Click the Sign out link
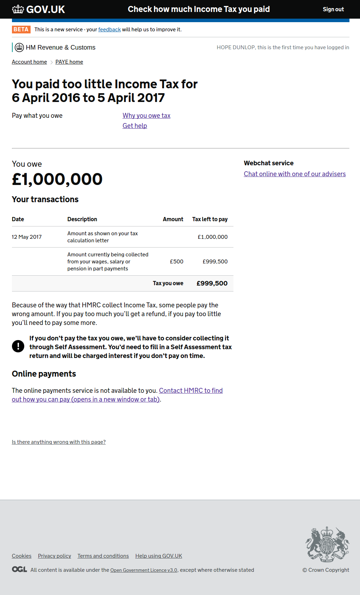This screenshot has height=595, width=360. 333,9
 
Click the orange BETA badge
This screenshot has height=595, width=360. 21,30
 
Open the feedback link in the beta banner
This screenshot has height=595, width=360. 109,30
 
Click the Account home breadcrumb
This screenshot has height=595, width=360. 29,62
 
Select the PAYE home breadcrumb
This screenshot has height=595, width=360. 69,62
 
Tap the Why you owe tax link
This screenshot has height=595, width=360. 146,116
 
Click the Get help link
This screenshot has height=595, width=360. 135,126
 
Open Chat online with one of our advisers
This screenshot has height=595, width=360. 295,174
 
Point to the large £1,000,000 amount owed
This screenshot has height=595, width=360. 57,179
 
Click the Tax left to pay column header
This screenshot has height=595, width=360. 210,219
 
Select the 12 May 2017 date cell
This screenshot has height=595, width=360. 27,237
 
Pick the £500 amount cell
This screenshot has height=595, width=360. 176,262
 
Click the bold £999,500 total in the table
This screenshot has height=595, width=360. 212,283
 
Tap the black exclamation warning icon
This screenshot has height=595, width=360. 18,346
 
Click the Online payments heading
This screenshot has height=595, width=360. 44,374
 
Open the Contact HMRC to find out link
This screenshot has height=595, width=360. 191,391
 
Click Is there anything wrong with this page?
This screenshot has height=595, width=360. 59,442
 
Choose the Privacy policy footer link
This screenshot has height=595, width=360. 54,556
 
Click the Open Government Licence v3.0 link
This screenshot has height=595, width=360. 143,570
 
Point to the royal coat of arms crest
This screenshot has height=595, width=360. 327,544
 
